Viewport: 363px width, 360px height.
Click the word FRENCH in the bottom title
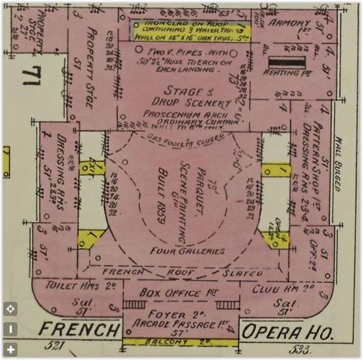coord(79,330)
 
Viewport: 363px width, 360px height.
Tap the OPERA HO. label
coord(285,332)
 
